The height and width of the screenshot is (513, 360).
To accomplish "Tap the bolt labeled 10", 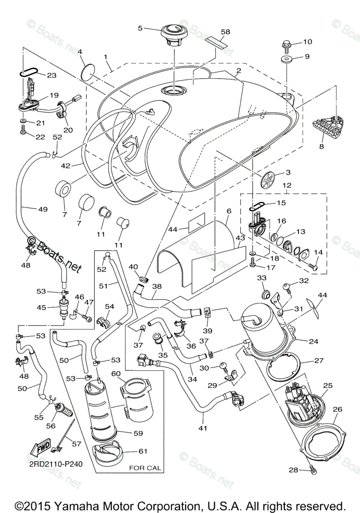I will tap(286, 44).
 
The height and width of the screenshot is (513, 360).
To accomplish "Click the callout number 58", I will tap(225, 32).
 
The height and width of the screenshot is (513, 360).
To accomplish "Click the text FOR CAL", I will tap(145, 468).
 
